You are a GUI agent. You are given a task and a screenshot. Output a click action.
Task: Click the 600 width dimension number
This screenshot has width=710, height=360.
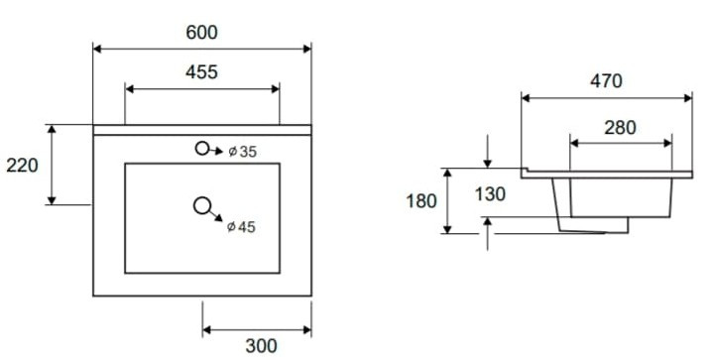pyautogui.click(x=201, y=32)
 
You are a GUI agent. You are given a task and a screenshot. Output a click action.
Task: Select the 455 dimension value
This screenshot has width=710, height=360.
pyautogui.click(x=201, y=72)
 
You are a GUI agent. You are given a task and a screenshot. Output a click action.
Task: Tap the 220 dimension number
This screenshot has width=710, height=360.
pyautogui.click(x=22, y=166)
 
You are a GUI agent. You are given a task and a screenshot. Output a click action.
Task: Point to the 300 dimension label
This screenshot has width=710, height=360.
pyautogui.click(x=261, y=346)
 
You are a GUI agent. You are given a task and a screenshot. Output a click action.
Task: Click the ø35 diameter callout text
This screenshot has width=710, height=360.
pyautogui.click(x=242, y=152)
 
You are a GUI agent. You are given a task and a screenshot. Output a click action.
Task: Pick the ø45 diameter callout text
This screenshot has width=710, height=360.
pyautogui.click(x=241, y=226)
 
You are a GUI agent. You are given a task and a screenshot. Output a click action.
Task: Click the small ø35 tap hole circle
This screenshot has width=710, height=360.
pyautogui.click(x=202, y=148)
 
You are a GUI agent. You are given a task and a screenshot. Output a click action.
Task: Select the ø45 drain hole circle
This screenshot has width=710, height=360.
pyautogui.click(x=202, y=206)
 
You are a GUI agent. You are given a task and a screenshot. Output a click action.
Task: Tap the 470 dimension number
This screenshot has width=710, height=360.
pyautogui.click(x=606, y=81)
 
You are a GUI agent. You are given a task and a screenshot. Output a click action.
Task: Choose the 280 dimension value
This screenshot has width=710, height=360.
pyautogui.click(x=620, y=128)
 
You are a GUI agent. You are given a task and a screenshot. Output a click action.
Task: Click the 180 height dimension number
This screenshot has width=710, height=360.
pyautogui.click(x=421, y=201)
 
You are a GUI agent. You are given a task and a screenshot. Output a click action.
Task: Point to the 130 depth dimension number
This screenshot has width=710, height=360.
pyautogui.click(x=490, y=194)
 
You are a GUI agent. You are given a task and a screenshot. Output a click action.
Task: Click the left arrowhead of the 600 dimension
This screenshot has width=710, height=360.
pyautogui.click(x=97, y=49)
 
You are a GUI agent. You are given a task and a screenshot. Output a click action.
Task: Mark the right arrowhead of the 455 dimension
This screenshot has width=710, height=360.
pyautogui.click(x=276, y=88)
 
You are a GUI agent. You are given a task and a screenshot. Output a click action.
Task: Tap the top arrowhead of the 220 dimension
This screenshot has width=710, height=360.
pyautogui.click(x=53, y=129)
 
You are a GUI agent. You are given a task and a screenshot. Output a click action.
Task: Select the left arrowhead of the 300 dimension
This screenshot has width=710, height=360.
pyautogui.click(x=207, y=330)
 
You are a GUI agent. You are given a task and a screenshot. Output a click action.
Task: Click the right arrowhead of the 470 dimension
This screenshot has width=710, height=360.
pyautogui.click(x=688, y=98)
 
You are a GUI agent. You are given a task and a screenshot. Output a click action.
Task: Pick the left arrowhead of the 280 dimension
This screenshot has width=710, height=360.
pyautogui.click(x=574, y=144)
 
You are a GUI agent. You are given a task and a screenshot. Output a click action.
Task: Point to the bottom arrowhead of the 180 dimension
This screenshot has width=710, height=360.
pyautogui.click(x=447, y=229)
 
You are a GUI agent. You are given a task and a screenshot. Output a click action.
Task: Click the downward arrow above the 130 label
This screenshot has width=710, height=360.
pyautogui.click(x=487, y=152)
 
